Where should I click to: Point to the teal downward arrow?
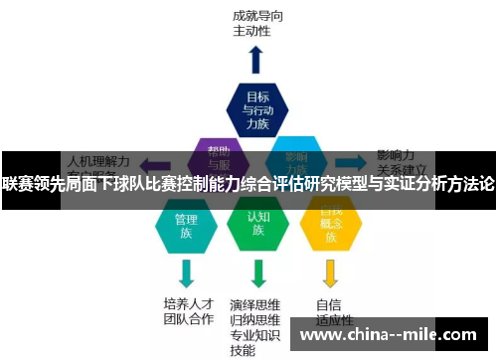tap(186, 271)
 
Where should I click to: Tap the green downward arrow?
tap(258, 271)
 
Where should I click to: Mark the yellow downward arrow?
tap(330, 271)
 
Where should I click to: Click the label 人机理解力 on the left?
tap(96, 159)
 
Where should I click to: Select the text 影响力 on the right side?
tap(396, 156)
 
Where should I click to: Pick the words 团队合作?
tap(189, 320)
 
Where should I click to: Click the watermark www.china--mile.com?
tap(392, 336)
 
